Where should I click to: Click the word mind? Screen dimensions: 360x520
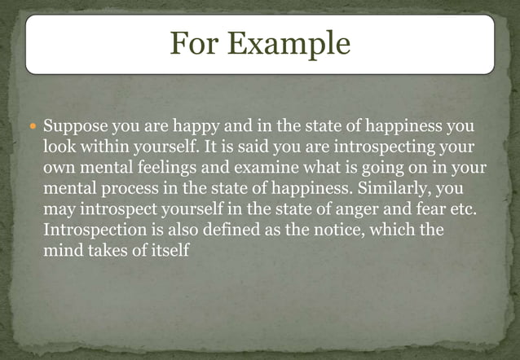[x=59, y=251]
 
